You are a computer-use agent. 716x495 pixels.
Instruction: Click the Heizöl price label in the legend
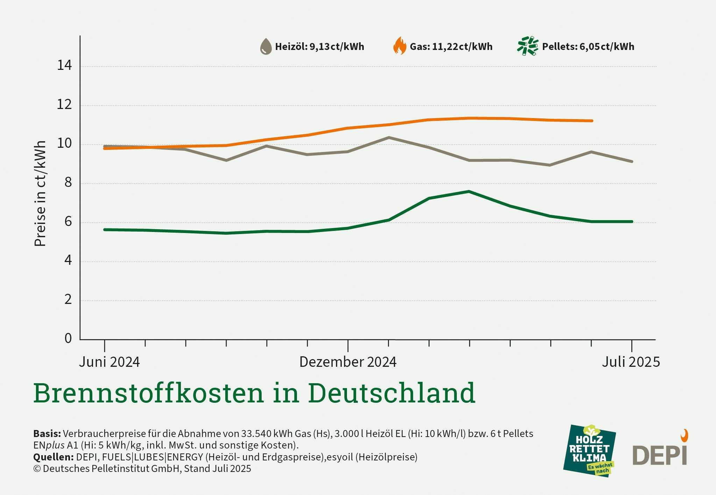point(319,47)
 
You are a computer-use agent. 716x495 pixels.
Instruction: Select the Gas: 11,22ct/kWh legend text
point(451,47)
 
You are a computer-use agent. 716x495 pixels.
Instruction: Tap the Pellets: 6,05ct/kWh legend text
point(588,47)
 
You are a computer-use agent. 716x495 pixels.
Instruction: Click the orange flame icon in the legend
point(400,46)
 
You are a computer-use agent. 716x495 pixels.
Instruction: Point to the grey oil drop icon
point(266,46)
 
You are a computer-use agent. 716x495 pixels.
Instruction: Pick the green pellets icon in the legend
point(527,46)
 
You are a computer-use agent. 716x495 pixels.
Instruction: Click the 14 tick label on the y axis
point(64,65)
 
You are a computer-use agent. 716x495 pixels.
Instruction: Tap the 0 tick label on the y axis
point(68,338)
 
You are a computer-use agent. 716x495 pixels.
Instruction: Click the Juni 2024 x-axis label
point(109,362)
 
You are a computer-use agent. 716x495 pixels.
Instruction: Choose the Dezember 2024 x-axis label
point(348,362)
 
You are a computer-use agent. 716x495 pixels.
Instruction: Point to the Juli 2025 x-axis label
point(631,362)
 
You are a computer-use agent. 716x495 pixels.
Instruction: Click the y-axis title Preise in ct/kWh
point(40,194)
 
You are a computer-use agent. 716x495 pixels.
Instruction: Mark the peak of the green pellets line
point(469,191)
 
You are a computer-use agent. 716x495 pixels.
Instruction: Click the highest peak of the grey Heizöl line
point(389,138)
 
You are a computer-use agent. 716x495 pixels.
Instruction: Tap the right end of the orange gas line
point(591,121)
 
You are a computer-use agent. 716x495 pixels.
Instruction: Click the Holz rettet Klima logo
point(589,451)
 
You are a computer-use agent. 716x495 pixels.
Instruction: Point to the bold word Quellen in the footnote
point(53,457)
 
